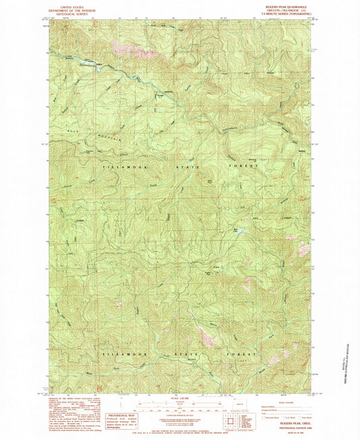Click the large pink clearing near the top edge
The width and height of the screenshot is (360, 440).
pyautogui.click(x=126, y=48)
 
